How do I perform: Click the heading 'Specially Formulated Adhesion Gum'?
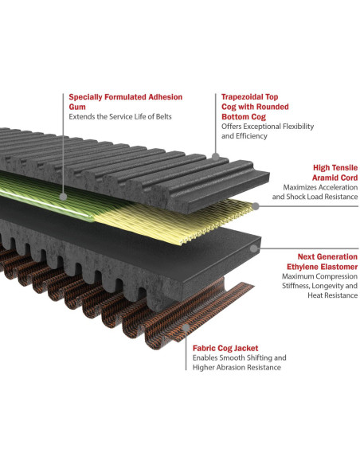[x=125, y=102]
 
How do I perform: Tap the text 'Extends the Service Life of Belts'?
[x=120, y=116]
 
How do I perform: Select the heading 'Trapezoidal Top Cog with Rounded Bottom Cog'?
[x=255, y=107]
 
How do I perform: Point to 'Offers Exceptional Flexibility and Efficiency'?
[x=268, y=131]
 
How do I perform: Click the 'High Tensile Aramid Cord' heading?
[x=335, y=173]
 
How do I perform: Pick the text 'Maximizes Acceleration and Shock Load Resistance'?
[x=315, y=192]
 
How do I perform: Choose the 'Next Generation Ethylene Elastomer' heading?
[x=322, y=261]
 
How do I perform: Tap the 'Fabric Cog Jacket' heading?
[x=225, y=348]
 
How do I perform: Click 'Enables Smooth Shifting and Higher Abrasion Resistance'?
[x=239, y=362]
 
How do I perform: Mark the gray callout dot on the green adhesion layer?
[x=63, y=197]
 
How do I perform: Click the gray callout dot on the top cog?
[x=216, y=156]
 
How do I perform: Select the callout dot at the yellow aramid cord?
[x=256, y=206]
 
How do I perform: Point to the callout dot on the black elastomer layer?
[x=253, y=248]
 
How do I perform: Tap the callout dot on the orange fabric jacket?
[x=186, y=328]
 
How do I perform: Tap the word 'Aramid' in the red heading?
[x=324, y=178]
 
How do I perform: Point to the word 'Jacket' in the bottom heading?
[x=246, y=348]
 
